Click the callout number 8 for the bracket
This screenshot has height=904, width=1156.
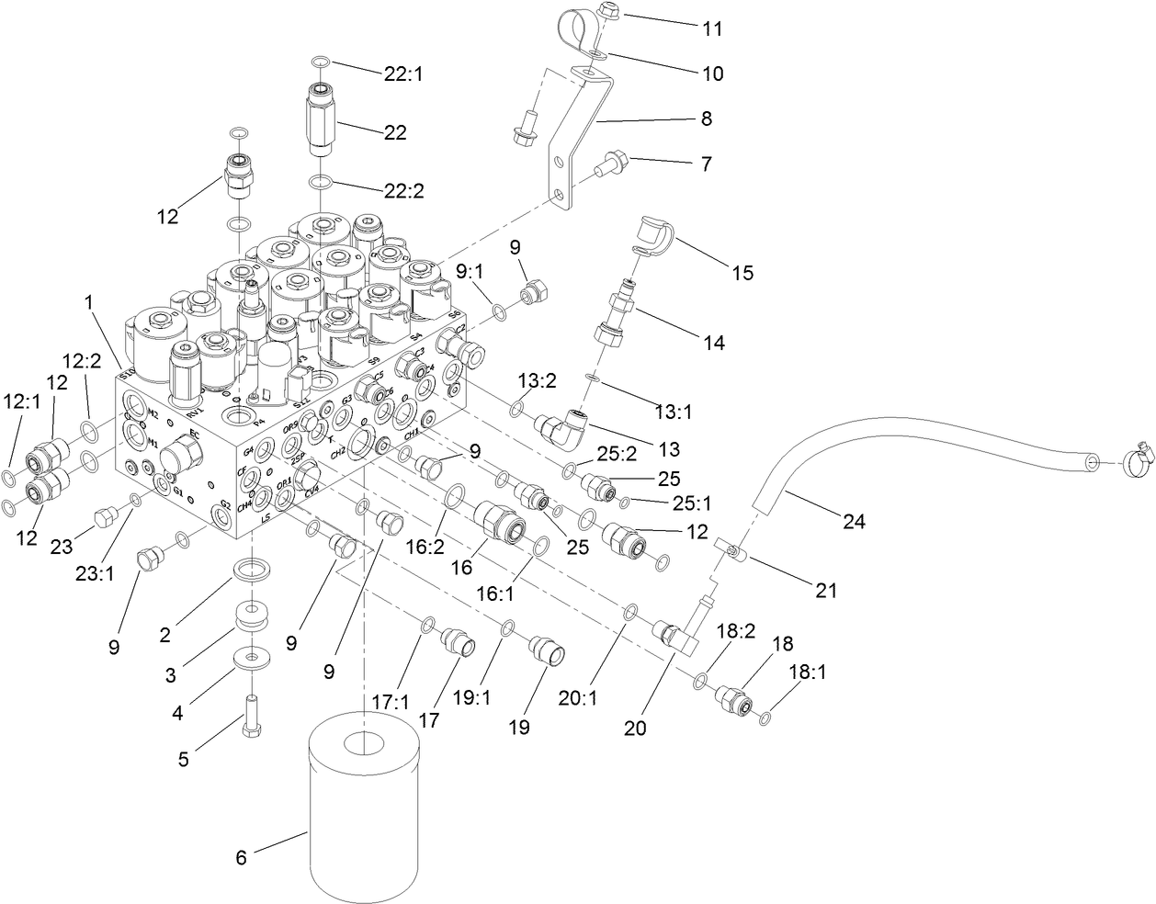pos(706,119)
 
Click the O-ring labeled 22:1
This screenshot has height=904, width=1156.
pos(319,62)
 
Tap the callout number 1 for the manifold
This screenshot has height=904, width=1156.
pos(88,300)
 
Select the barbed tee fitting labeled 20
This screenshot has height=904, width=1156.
pos(678,634)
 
